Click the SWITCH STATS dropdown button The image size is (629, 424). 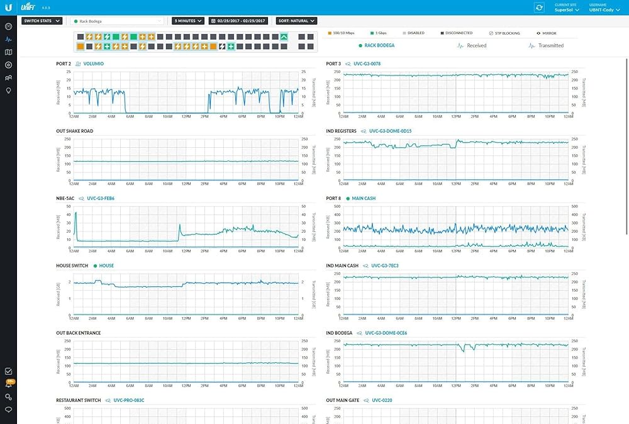point(42,21)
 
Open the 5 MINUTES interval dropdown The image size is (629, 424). point(188,21)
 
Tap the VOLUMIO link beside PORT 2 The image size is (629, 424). point(94,64)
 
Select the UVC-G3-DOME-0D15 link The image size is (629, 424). point(390,131)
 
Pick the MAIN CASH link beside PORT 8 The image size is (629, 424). point(364,198)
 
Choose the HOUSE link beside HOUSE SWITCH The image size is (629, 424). point(106,265)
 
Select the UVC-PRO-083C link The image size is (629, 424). point(128,400)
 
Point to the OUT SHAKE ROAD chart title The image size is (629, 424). point(74,131)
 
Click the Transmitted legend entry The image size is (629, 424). point(550,46)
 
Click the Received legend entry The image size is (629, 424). point(476,46)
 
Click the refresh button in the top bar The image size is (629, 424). point(539,7)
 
